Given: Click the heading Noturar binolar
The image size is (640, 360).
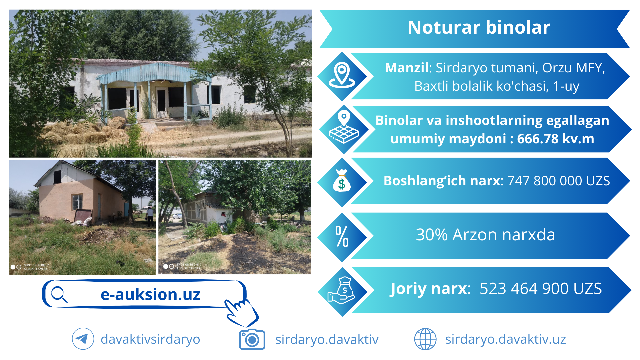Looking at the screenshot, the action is point(479,27).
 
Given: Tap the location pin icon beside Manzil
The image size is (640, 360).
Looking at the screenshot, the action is point(342,75).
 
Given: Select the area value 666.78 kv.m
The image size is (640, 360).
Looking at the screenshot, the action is point(556,139).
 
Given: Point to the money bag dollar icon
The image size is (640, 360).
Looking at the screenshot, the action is point(342,181).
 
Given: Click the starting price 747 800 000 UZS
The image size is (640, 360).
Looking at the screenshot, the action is point(559,181).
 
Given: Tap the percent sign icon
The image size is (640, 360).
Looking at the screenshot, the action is point(342,236).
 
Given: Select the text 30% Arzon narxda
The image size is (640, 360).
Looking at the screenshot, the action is point(485,235).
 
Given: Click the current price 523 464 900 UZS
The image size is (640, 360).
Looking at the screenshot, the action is point(541,288).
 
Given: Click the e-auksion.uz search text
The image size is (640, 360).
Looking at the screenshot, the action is point(150,294).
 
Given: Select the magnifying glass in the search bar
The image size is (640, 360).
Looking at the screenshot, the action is point(59,294).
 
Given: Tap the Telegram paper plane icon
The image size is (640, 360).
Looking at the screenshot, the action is point(83,339).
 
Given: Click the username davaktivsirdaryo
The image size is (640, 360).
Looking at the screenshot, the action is point(150,339).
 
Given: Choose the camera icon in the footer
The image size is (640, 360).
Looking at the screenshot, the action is point(252,339).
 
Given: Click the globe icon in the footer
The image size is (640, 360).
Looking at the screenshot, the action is point(425,339).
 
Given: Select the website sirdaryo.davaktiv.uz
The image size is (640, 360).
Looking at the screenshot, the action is point(505,339).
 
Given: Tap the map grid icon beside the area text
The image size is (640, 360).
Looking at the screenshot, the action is point(344,128).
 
